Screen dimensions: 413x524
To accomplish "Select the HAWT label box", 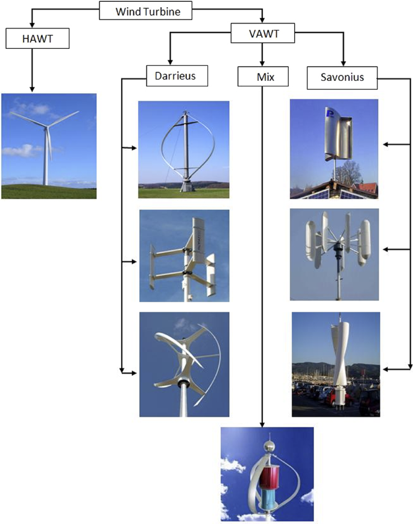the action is (x=37, y=39).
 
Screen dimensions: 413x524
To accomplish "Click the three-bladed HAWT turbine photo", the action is (x=48, y=146).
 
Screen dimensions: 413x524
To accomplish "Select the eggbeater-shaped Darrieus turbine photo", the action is (x=183, y=149).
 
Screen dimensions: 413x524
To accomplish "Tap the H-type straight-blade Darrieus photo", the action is (x=184, y=256).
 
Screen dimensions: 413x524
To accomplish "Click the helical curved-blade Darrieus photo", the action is (x=184, y=364).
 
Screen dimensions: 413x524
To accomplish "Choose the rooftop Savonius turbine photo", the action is (x=333, y=148).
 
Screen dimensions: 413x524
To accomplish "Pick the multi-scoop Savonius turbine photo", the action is (x=334, y=254).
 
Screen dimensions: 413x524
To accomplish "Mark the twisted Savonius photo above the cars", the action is (x=335, y=364).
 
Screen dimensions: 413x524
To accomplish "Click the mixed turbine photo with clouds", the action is (x=266, y=474).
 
